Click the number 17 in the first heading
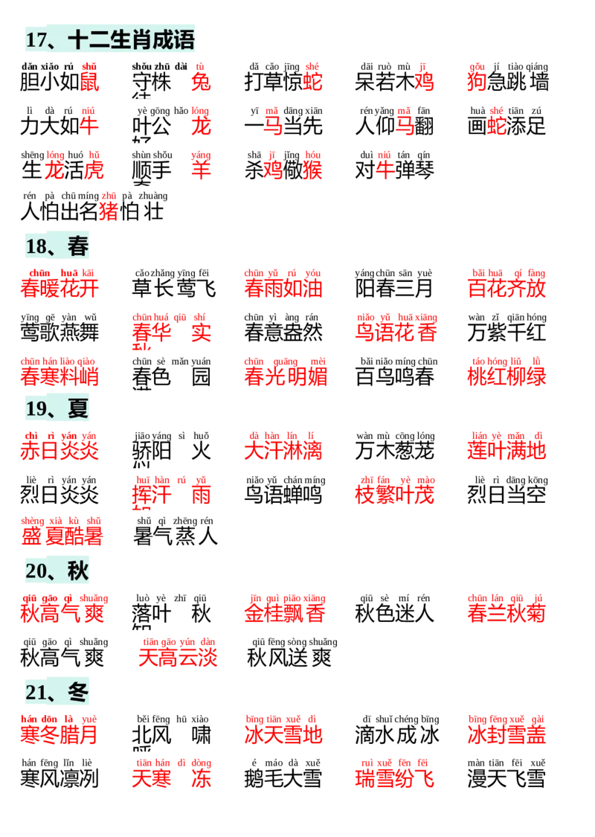click(x=36, y=39)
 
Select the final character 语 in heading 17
click(x=184, y=39)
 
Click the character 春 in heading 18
click(x=78, y=246)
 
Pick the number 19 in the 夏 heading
click(x=36, y=408)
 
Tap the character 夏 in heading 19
click(x=78, y=408)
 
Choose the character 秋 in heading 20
click(x=78, y=571)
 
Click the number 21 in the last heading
click(x=36, y=693)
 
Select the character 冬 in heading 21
click(x=78, y=693)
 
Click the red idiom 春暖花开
click(x=59, y=286)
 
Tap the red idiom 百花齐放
click(x=506, y=286)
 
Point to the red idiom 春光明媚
click(x=286, y=373)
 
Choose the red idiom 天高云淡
click(x=178, y=654)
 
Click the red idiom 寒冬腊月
click(x=59, y=731)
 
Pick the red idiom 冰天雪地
click(x=284, y=731)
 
